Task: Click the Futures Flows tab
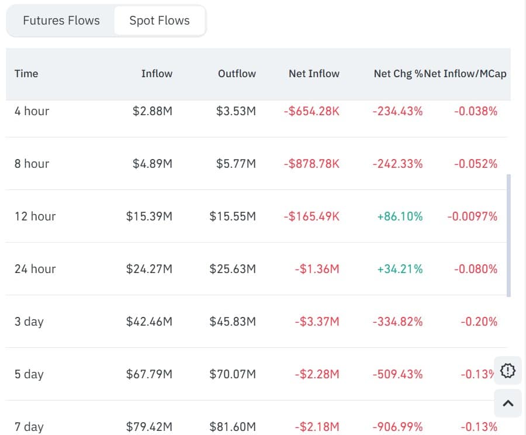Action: point(61,20)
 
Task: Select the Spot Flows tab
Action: point(160,20)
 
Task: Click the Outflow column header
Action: point(237,74)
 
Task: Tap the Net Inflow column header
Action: point(314,74)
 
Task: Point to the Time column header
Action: point(26,74)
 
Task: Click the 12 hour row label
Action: point(35,216)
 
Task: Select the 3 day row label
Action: point(29,322)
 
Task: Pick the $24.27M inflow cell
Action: point(149,269)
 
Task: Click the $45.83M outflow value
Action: point(233,322)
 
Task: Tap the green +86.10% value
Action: point(400,216)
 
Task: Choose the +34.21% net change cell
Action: point(400,269)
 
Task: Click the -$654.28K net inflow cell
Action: point(311,111)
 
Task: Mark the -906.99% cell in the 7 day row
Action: point(397,427)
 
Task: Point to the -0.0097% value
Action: point(472,216)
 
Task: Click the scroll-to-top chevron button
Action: point(508,403)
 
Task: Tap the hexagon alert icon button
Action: point(508,370)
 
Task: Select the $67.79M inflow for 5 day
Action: point(149,374)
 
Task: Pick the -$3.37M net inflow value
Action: point(317,322)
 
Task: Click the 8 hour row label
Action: point(32,164)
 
